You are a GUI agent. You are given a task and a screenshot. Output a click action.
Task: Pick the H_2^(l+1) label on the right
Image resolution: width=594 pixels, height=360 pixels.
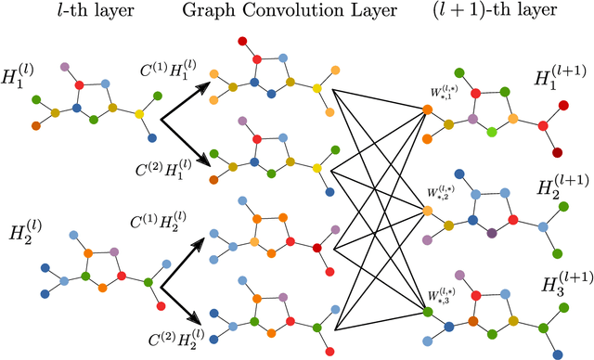(x=553, y=190)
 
